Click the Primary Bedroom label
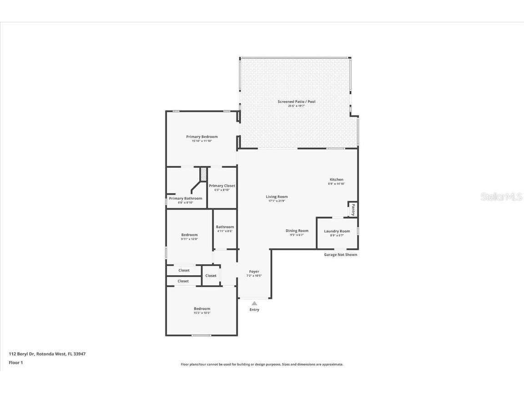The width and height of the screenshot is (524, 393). (202, 136)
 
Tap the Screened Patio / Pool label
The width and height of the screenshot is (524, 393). (297, 101)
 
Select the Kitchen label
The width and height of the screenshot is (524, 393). (337, 180)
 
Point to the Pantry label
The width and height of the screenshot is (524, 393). (353, 210)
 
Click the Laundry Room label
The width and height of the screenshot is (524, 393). (337, 231)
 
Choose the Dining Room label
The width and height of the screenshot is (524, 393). (297, 231)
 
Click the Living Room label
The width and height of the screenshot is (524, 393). (277, 197)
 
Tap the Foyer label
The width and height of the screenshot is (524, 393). (254, 272)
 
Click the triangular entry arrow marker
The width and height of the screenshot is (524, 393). (254, 303)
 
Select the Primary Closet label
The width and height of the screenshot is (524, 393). (222, 186)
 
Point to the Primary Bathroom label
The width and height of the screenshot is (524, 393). (185, 198)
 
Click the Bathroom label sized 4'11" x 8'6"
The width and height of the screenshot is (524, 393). (225, 227)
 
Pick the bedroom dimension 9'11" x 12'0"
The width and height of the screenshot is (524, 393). (189, 239)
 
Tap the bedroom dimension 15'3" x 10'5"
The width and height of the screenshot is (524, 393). (202, 313)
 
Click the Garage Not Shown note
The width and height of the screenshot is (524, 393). (340, 255)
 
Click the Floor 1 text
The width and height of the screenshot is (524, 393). (15, 363)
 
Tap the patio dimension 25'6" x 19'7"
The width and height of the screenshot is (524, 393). (297, 106)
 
